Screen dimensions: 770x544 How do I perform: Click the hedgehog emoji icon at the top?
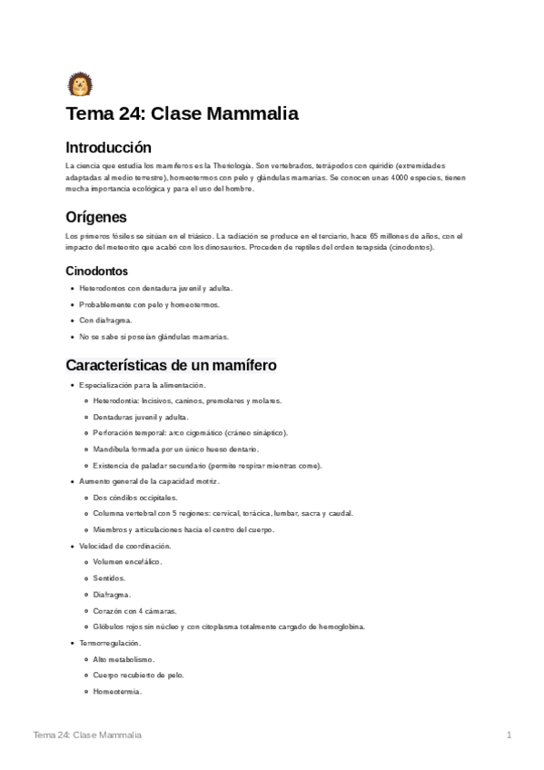[x=79, y=84]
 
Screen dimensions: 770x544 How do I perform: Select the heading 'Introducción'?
[x=108, y=147]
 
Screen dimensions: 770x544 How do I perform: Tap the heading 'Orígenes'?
[x=96, y=217]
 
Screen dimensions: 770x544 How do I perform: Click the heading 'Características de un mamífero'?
[x=171, y=365]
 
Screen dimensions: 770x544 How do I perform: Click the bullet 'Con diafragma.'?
[x=105, y=320]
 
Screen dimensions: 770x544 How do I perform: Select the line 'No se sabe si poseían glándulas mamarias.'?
[x=153, y=336]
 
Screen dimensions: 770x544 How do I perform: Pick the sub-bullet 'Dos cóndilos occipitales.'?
[x=134, y=497]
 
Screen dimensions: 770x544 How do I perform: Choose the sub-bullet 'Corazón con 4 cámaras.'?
[x=134, y=610]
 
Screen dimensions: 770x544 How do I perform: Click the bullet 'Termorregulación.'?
[x=110, y=643]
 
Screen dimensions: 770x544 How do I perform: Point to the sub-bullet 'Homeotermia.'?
[x=117, y=691]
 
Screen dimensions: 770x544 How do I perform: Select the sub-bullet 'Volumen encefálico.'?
[x=127, y=562]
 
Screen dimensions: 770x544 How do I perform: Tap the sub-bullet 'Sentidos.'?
[x=109, y=577]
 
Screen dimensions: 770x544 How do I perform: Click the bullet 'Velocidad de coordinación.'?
[x=125, y=546]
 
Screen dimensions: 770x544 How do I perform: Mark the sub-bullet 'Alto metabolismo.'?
[x=124, y=658]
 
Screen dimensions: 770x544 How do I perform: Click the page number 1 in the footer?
[x=509, y=734]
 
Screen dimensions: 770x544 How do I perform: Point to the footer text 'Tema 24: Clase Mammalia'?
[x=86, y=734]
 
